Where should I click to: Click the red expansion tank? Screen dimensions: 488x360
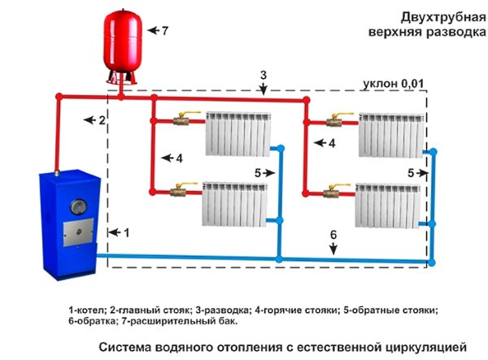coord(123,46)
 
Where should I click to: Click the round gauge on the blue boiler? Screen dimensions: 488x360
coord(78,206)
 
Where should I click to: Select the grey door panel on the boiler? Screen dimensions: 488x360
coord(78,232)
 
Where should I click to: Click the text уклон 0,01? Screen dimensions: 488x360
coord(394,84)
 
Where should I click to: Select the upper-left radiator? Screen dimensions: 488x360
coord(238,133)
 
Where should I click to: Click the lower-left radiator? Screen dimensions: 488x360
coord(235,204)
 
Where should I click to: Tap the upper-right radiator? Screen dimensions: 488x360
coord(391,135)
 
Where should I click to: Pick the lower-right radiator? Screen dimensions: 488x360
coord(387,206)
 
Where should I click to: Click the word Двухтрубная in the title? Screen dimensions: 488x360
coord(443,18)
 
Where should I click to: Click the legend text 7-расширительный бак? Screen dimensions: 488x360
coord(179,322)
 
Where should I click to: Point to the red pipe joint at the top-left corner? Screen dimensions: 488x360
coord(59,97)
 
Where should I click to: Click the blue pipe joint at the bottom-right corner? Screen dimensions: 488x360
coord(432,262)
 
